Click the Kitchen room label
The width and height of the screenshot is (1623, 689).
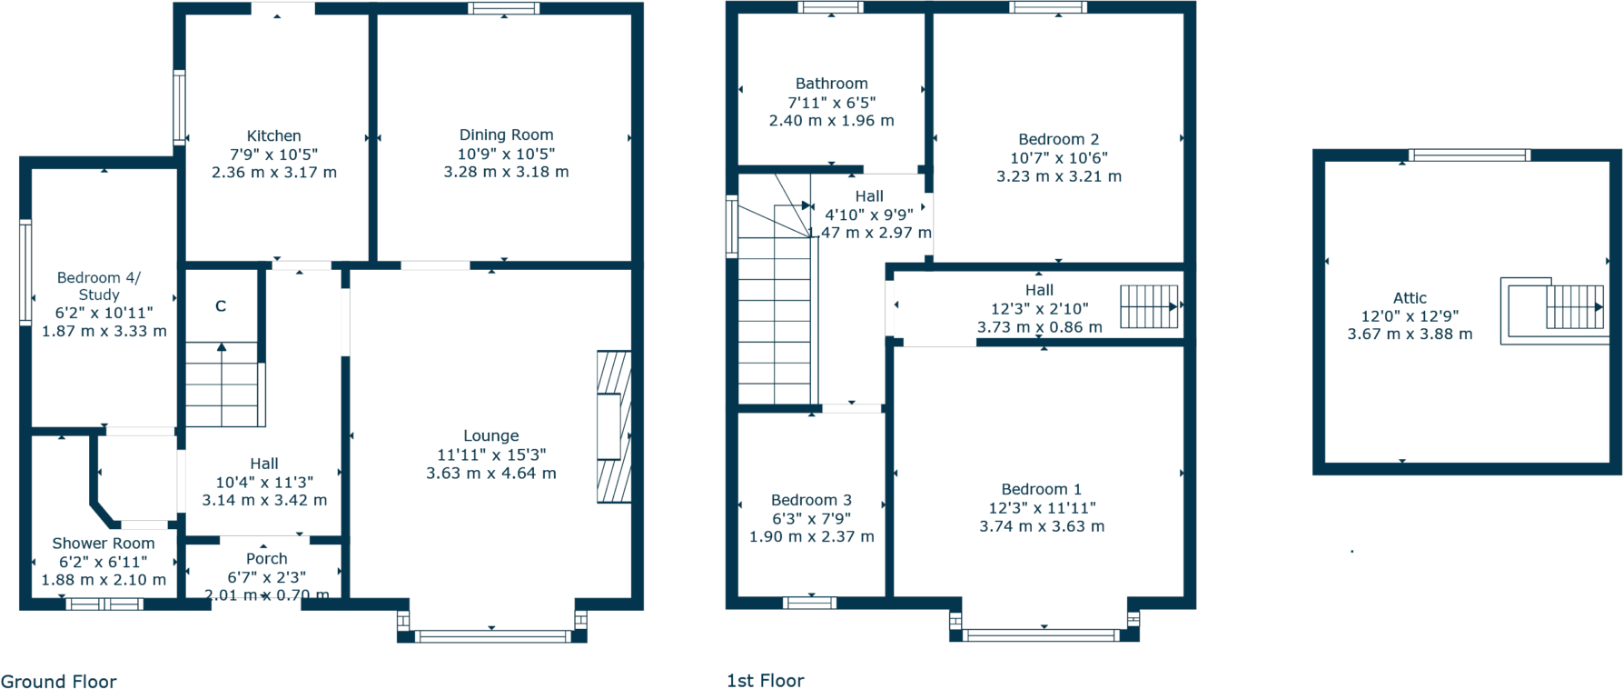point(273,135)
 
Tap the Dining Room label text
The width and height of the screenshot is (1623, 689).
point(506,135)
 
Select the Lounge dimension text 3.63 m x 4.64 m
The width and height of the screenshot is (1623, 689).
point(491,473)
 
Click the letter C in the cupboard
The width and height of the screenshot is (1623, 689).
point(221,306)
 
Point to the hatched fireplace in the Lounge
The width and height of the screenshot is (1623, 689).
point(613,426)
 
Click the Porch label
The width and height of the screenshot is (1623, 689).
point(266,558)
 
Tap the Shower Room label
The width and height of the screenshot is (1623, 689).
point(104,543)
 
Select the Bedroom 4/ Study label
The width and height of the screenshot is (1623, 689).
point(99,285)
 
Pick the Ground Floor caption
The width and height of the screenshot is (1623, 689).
point(59,681)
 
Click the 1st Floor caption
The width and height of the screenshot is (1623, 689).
point(765,680)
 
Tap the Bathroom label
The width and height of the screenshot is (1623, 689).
point(831,84)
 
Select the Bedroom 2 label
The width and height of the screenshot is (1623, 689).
point(1058,139)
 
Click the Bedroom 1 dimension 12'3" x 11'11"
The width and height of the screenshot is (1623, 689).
point(1042,508)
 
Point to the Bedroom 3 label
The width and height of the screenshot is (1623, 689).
point(811,500)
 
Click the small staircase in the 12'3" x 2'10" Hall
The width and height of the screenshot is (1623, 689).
point(1149,306)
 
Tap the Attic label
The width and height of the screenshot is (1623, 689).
point(1410,297)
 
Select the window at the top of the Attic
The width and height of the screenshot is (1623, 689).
point(1469,155)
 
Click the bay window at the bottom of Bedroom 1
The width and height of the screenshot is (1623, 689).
point(1043,634)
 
